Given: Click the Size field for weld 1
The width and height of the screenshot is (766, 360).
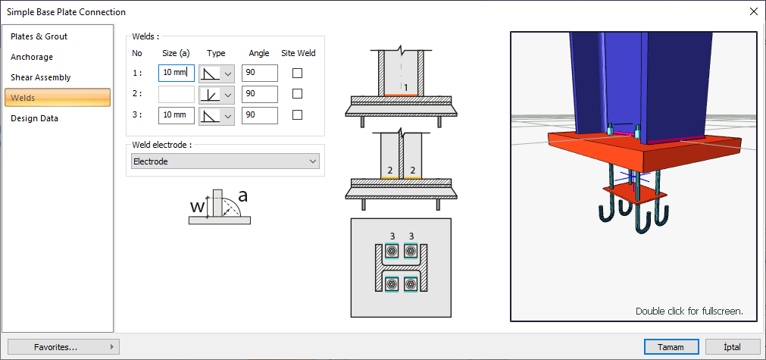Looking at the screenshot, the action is click(177, 73).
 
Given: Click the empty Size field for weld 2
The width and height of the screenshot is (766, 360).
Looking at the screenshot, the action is click(177, 94).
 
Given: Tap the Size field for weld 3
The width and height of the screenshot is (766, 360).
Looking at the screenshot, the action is click(177, 115).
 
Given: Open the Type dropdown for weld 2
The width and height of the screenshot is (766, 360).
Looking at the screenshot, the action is click(217, 94).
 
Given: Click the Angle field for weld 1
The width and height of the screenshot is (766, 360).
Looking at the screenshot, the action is click(259, 73).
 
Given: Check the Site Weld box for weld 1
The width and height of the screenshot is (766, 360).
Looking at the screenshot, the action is click(297, 74).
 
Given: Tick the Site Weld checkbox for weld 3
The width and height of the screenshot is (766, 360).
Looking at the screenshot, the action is click(297, 115).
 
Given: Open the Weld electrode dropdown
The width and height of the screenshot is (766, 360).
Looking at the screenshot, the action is click(225, 161).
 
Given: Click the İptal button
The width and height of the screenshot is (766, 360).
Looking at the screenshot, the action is click(733, 347).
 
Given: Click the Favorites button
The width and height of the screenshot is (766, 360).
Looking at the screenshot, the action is click(64, 347).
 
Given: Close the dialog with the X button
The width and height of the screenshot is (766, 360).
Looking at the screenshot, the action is click(754, 11).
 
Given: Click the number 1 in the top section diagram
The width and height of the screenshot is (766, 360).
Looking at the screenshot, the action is click(405, 87).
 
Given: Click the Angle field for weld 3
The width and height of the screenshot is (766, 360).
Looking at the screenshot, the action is click(259, 115).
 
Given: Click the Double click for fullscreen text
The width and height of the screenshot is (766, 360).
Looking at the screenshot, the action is click(689, 311).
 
